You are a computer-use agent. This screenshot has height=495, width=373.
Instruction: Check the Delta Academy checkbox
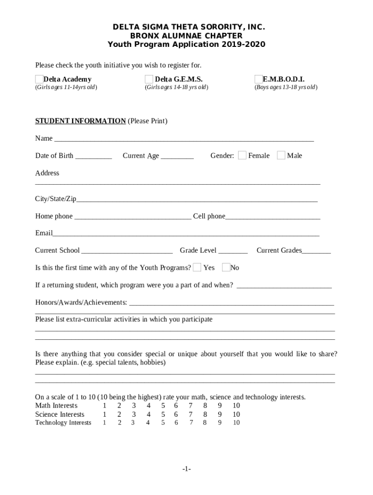click(x=39, y=79)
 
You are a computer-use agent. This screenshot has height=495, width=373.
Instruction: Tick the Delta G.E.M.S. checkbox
click(x=149, y=79)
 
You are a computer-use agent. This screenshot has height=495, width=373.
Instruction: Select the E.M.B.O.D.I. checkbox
click(x=259, y=79)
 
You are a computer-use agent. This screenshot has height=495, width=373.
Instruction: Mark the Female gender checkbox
click(x=242, y=155)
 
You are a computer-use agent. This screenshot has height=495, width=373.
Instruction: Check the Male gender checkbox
click(x=281, y=155)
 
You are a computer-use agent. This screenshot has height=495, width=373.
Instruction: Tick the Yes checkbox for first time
click(x=197, y=267)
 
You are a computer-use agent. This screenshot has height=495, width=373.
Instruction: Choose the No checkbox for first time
click(x=226, y=267)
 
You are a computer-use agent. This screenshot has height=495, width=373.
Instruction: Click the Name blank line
click(x=184, y=139)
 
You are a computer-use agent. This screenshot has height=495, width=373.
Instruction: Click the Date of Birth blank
click(x=93, y=157)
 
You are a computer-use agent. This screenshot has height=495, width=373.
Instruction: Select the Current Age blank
click(x=177, y=157)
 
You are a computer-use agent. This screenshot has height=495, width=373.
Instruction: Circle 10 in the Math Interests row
click(x=236, y=406)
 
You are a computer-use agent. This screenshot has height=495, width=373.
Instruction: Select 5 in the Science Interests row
click(x=163, y=414)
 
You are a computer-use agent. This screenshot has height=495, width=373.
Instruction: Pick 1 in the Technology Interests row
click(x=104, y=423)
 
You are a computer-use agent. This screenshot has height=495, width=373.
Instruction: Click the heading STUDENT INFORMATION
click(x=80, y=121)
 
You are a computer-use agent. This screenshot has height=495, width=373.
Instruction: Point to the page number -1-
click(x=186, y=469)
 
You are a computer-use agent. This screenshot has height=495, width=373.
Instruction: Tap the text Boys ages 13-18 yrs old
click(x=286, y=87)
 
